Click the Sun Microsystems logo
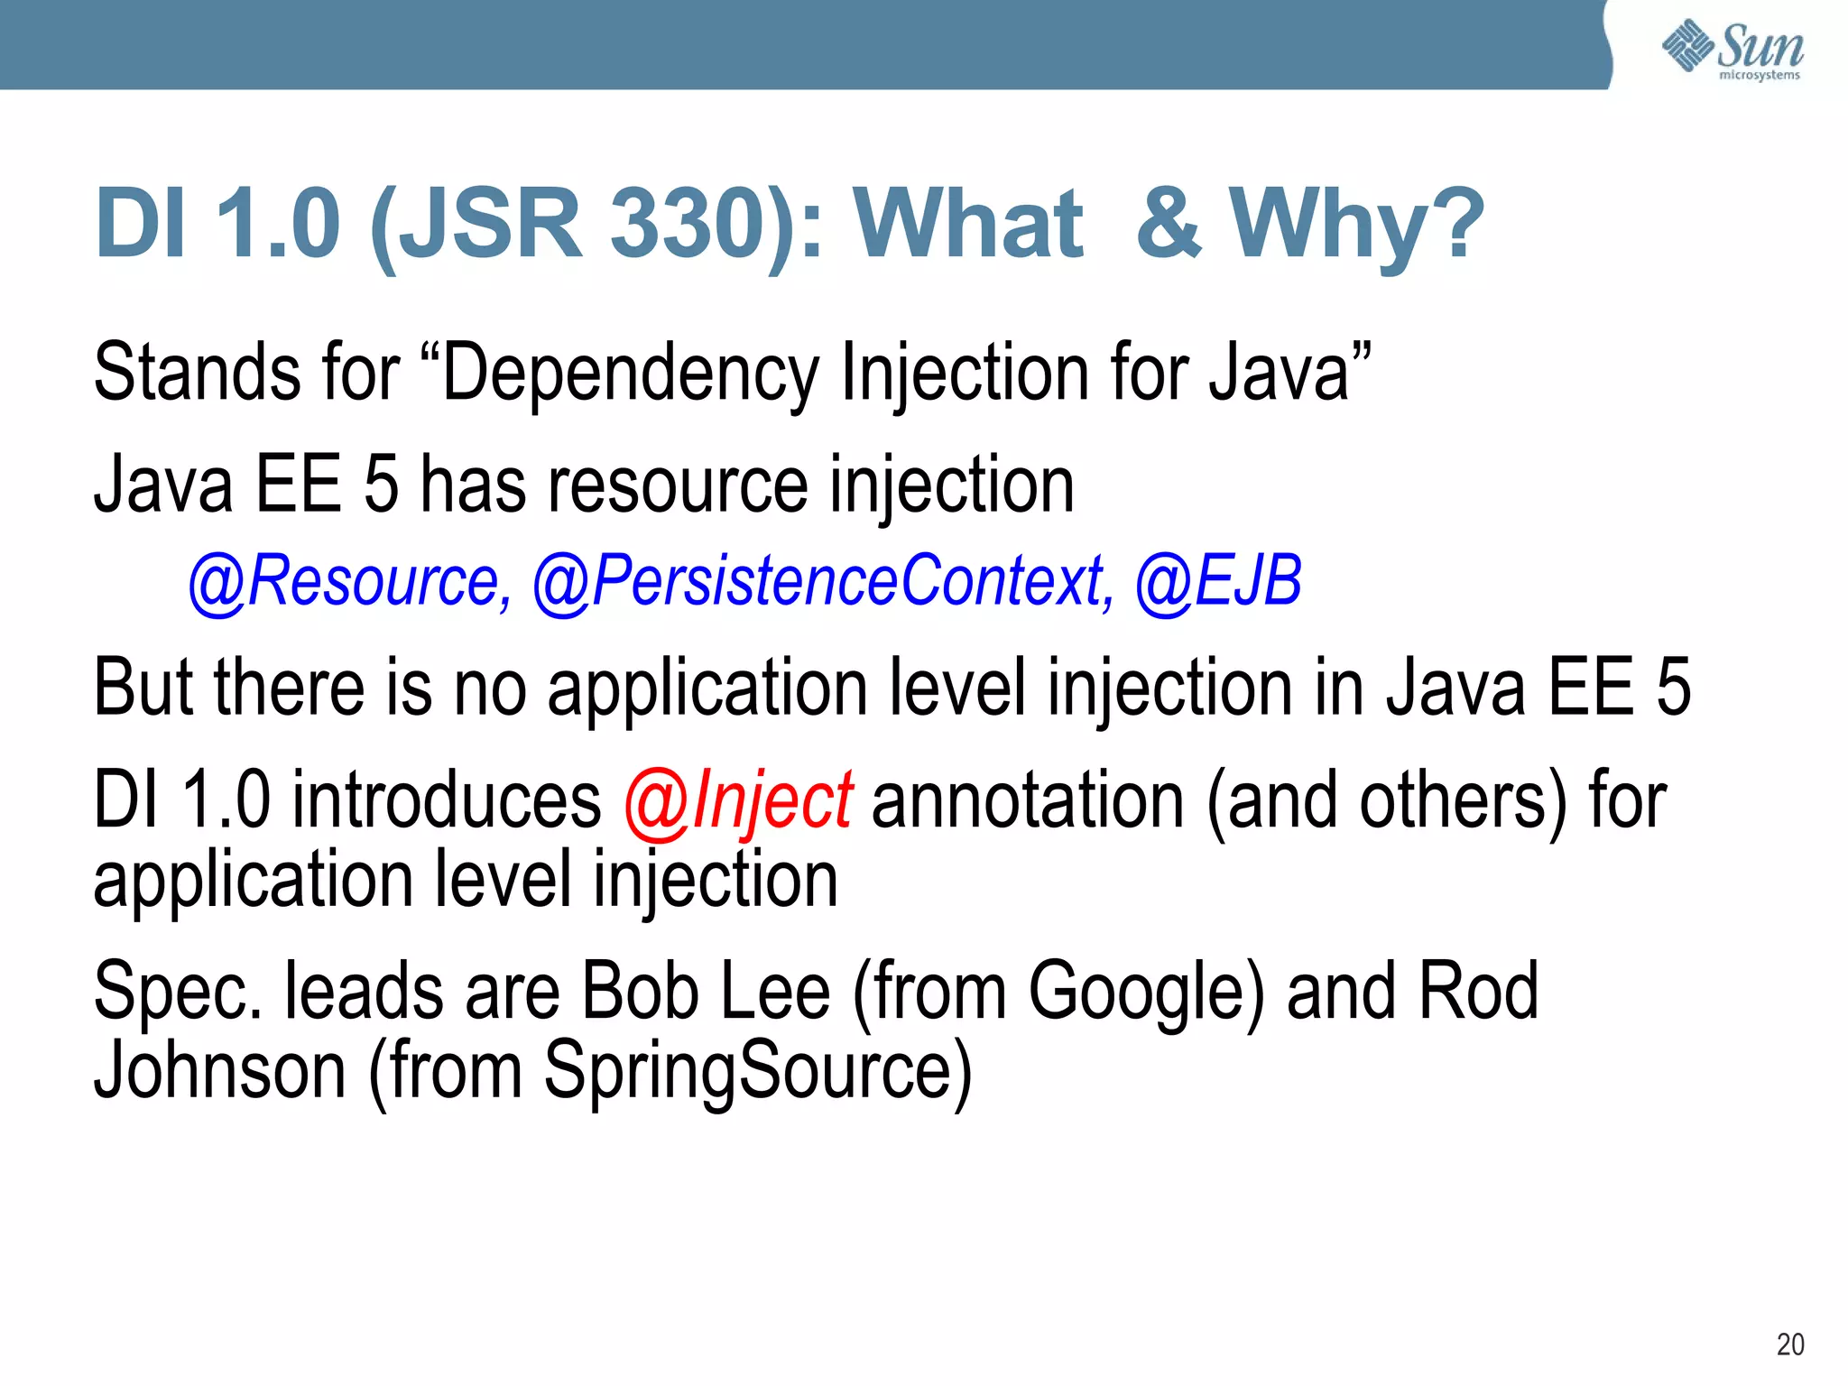1732,50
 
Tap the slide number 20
1790,1344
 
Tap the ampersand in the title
1169,223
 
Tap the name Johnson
220,1070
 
